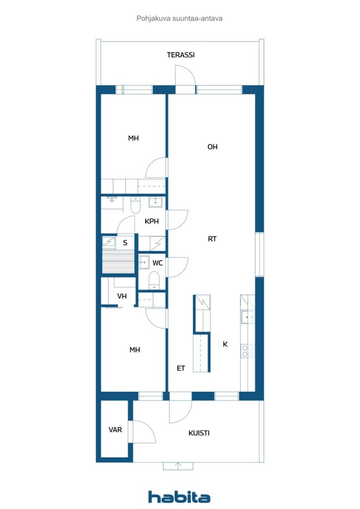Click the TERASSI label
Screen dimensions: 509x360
pyautogui.click(x=180, y=55)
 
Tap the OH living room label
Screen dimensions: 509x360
pyautogui.click(x=212, y=147)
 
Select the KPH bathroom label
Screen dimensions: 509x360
pyautogui.click(x=152, y=222)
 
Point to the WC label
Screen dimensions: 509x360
pyautogui.click(x=158, y=263)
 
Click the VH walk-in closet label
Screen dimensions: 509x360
pyautogui.click(x=122, y=296)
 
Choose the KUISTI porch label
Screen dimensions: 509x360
pyautogui.click(x=199, y=433)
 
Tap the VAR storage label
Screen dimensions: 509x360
pyautogui.click(x=115, y=429)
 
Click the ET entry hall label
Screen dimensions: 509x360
pyautogui.click(x=181, y=368)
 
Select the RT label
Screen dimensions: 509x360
pyautogui.click(x=212, y=239)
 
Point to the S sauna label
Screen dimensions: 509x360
pyautogui.click(x=125, y=243)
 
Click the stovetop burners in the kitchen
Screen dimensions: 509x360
pyautogui.click(x=248, y=351)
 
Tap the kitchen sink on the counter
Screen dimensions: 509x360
pyautogui.click(x=247, y=317)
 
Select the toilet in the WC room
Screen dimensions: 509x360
pyautogui.click(x=154, y=279)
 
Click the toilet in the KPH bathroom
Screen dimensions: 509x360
pyautogui.click(x=135, y=205)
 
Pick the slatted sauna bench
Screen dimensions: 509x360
pyautogui.click(x=118, y=261)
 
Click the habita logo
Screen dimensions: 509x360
pyautogui.click(x=179, y=497)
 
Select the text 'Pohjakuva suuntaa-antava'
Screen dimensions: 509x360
pyautogui.click(x=179, y=18)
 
